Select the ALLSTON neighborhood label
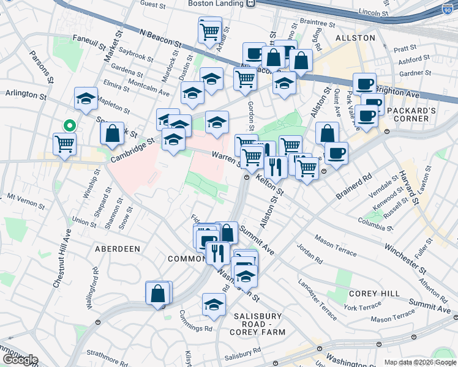pyautogui.click(x=355, y=38)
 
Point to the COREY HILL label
pyautogui.click(x=369, y=294)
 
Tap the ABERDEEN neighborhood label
pyautogui.click(x=118, y=249)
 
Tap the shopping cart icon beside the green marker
pyautogui.click(x=64, y=144)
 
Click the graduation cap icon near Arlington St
pyautogui.click(x=86, y=98)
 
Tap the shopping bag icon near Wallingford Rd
pyautogui.click(x=158, y=294)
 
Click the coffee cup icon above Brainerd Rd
pyautogui.click(x=336, y=153)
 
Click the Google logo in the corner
pyautogui.click(x=20, y=360)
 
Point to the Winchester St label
pyautogui.click(x=405, y=258)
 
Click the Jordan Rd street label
pyautogui.click(x=309, y=253)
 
